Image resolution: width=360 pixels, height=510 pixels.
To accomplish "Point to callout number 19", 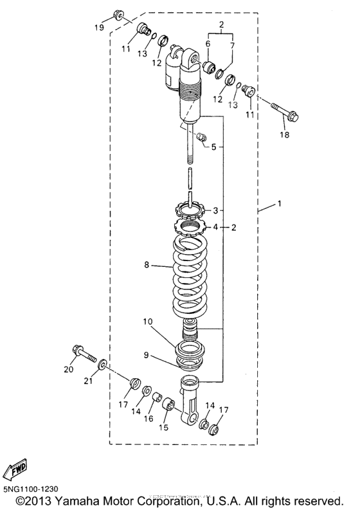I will (99, 28).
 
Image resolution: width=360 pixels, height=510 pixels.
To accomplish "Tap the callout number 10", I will (147, 320).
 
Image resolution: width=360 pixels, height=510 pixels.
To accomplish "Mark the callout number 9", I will (147, 354).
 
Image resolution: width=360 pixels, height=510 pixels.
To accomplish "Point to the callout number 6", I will (208, 44).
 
